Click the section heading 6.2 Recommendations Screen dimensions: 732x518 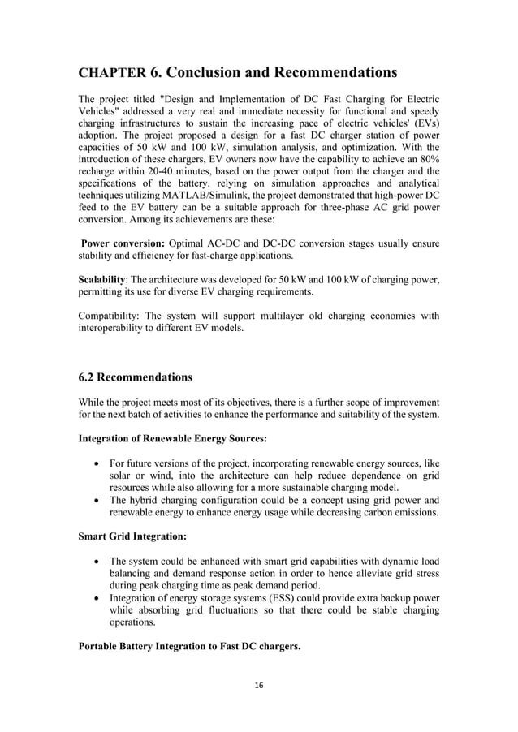pos(135,377)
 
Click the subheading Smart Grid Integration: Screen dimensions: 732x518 pos(130,536)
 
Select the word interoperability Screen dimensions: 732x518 pos(114,329)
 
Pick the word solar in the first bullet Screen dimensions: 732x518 pos(123,476)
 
